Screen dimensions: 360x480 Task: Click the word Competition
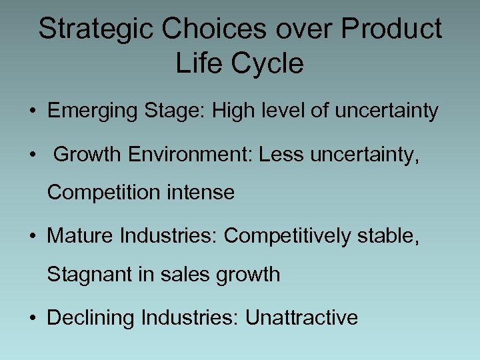(101, 193)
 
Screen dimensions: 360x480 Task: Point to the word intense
(198, 193)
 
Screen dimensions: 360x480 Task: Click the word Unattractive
(301, 317)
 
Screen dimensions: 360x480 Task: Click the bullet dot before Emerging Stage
(33, 111)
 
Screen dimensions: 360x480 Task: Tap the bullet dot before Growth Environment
(33, 155)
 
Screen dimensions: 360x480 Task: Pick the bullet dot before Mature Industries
(33, 236)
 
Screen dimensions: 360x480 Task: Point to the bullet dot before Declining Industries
(33, 318)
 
